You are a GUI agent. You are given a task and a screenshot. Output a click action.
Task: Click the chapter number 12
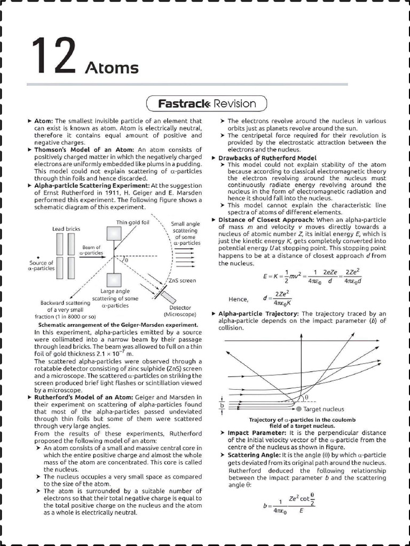click(52, 57)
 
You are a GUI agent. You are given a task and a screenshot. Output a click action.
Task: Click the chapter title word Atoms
click(112, 68)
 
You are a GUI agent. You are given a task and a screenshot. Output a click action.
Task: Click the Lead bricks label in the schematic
click(66, 229)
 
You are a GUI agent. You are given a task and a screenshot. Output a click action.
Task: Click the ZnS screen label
click(182, 280)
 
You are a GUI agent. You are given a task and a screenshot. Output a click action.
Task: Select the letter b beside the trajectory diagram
click(222, 405)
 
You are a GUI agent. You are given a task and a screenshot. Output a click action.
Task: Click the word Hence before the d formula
click(239, 299)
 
